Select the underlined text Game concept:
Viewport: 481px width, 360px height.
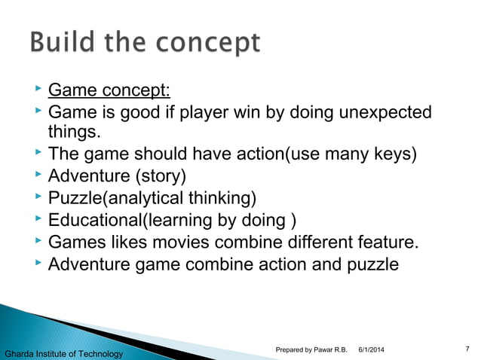coord(109,91)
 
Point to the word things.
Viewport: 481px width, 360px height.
coord(73,133)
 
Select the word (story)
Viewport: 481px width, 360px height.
coord(159,177)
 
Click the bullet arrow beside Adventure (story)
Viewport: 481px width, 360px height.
coord(38,175)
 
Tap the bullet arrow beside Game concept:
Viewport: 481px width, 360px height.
coord(38,90)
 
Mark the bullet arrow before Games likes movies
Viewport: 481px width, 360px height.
coord(38,241)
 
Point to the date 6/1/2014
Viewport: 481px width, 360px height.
coord(370,347)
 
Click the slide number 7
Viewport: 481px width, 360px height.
coord(468,346)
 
